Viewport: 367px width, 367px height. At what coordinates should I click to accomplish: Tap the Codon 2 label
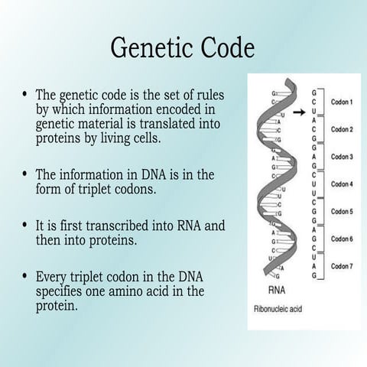tap(341, 129)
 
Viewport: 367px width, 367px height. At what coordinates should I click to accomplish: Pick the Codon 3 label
tap(341, 157)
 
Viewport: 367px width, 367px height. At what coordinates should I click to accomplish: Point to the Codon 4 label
tap(341, 184)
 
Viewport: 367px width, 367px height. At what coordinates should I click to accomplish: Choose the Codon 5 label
tap(341, 212)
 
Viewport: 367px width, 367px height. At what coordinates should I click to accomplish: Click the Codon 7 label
tap(341, 266)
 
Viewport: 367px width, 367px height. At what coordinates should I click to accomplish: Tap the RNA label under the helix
tap(278, 291)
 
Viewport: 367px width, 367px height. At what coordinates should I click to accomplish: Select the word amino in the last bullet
tap(153, 291)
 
